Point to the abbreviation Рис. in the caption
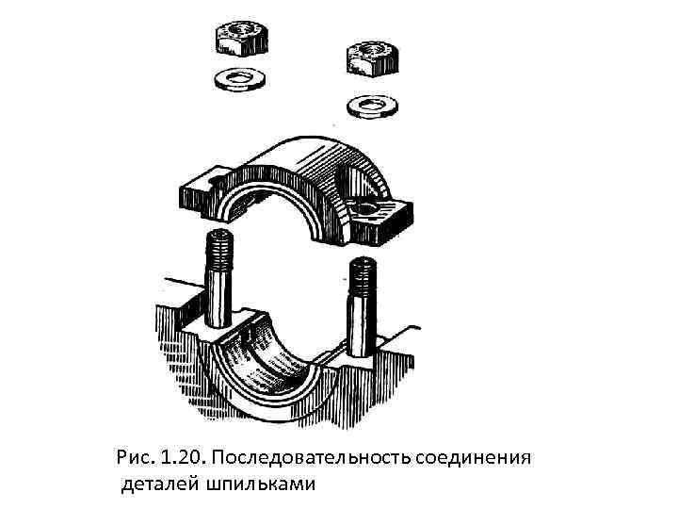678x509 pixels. click(x=134, y=458)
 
